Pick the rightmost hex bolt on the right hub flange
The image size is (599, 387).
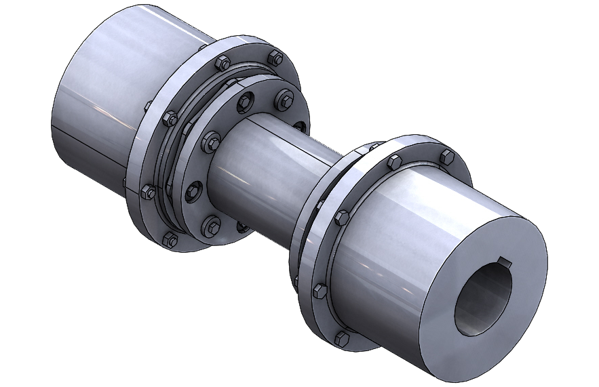click(x=446, y=157)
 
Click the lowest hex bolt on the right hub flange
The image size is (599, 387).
click(x=342, y=337)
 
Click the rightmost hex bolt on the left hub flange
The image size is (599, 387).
click(x=275, y=57)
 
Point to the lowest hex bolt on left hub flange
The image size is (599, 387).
click(x=167, y=238)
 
